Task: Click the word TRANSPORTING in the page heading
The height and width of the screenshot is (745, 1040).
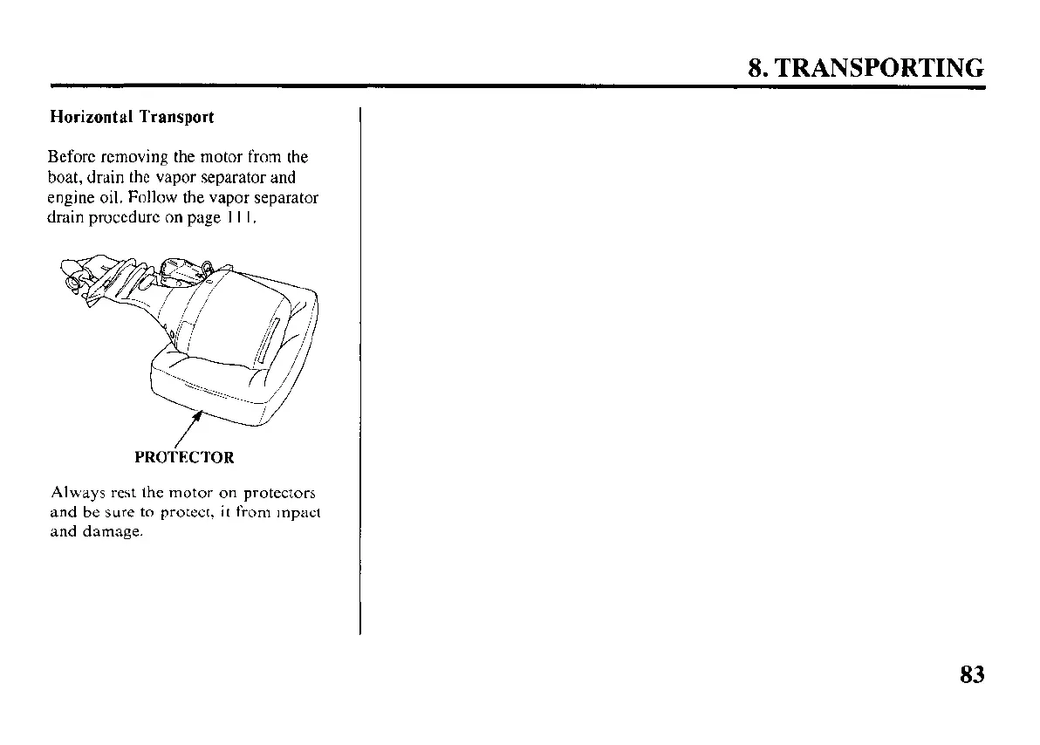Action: (x=879, y=68)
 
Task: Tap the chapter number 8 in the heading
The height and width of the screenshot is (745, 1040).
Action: (x=756, y=68)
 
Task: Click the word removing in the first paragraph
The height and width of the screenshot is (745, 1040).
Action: (x=132, y=158)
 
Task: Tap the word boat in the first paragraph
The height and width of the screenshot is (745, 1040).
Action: (x=63, y=178)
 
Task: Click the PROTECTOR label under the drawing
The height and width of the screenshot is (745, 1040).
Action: (x=184, y=457)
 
